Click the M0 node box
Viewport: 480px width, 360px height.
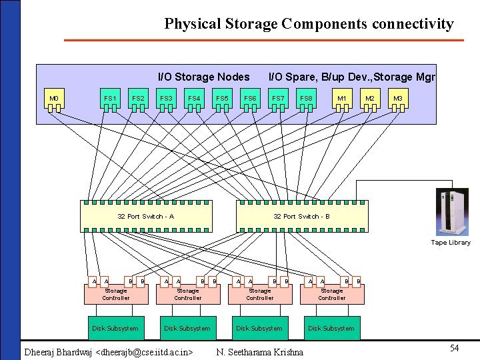click(x=54, y=99)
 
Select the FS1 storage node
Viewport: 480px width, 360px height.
click(x=110, y=99)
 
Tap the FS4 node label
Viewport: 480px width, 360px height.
click(x=194, y=99)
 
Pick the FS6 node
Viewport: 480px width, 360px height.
click(x=250, y=99)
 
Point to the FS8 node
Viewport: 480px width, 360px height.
click(x=306, y=99)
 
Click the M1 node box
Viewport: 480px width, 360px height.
click(x=342, y=99)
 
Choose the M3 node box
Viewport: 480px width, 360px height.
click(x=398, y=99)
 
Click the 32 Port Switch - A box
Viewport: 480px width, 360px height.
click(x=146, y=216)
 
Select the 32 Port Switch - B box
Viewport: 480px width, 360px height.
click(x=302, y=216)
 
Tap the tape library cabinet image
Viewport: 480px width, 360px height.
click(x=453, y=212)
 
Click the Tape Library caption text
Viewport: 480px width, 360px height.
click(x=451, y=243)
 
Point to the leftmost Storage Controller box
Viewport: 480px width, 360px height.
click(x=116, y=294)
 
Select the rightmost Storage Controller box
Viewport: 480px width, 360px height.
click(x=331, y=294)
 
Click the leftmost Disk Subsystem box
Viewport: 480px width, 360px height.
click(x=115, y=328)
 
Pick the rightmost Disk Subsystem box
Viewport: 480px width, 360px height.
click(x=331, y=328)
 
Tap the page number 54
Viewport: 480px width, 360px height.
click(x=454, y=349)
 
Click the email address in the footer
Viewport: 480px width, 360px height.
click(x=145, y=352)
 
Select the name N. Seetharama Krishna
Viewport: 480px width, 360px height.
click(x=260, y=352)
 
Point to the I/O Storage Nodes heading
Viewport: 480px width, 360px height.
click(x=203, y=77)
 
